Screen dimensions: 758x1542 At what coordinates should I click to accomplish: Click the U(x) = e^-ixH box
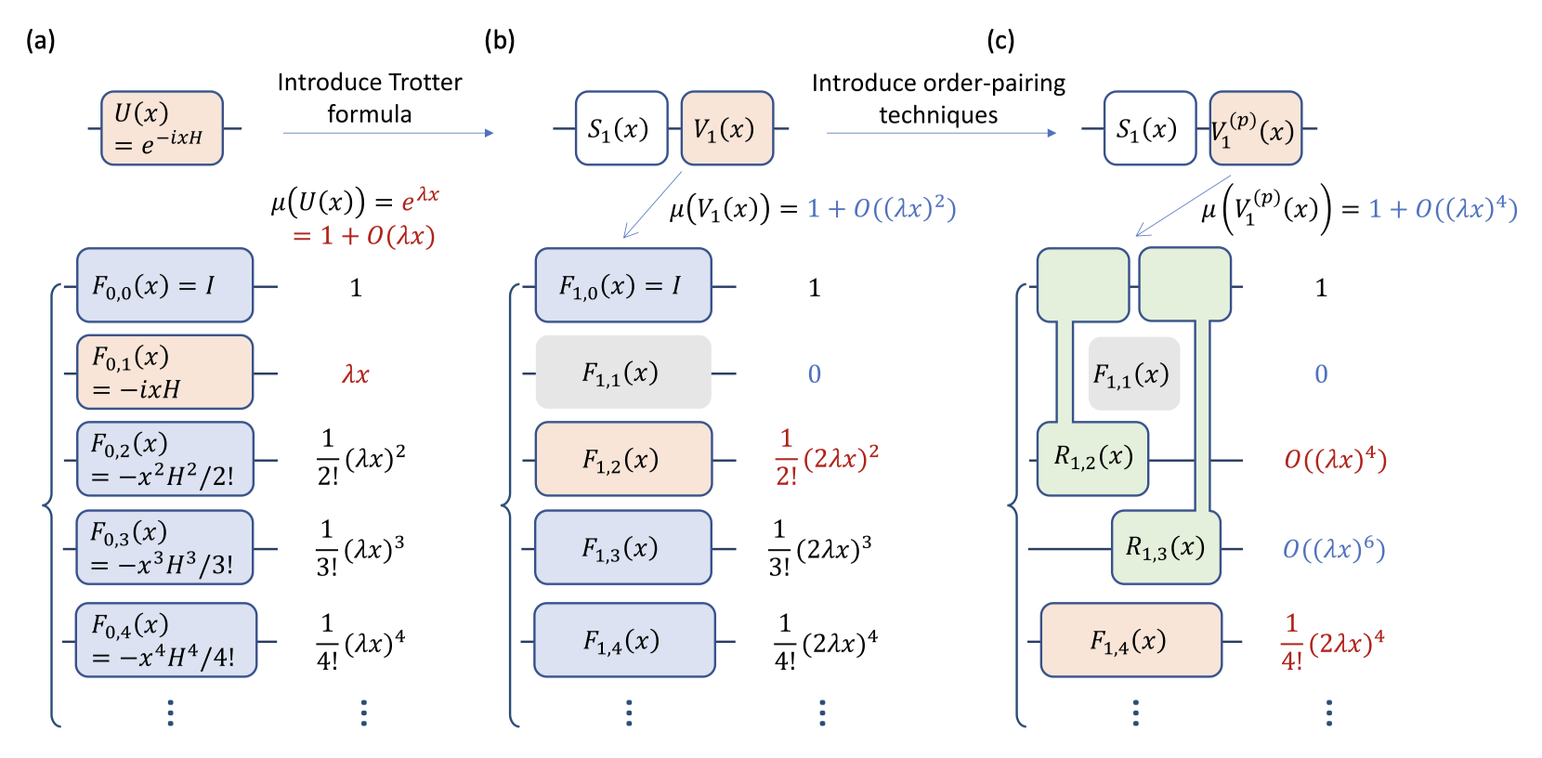[162, 128]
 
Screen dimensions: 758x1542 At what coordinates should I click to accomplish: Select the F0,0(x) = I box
[164, 285]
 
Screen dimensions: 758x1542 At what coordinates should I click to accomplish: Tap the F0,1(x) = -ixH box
[164, 372]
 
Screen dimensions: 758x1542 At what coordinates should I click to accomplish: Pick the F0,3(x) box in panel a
[164, 547]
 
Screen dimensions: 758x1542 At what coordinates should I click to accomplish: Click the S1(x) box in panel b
[621, 128]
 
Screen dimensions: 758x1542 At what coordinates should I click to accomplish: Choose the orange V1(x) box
[727, 128]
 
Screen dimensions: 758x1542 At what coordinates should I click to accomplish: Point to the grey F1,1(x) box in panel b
[623, 372]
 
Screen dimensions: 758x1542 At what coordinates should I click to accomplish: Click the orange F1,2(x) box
[623, 460]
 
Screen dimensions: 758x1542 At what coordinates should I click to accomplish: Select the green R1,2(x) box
[1092, 459]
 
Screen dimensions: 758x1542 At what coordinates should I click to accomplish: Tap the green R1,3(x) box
[1166, 548]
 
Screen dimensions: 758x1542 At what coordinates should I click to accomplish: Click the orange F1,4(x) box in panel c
[1130, 641]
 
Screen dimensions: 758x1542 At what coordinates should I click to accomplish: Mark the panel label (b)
[500, 40]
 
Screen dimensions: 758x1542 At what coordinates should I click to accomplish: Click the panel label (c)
[1000, 40]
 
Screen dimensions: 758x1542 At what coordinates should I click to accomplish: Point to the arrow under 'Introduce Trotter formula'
[388, 134]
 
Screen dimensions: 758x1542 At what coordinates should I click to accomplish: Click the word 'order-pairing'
[995, 84]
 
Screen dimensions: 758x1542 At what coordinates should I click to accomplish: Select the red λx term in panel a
[356, 374]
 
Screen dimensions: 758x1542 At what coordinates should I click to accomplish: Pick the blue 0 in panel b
[815, 374]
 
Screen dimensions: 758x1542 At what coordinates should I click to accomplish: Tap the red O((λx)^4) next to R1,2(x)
[1335, 460]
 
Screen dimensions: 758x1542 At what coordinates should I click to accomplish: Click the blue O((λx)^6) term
[1334, 550]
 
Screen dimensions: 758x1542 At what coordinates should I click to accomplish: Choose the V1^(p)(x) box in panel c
[1255, 128]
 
